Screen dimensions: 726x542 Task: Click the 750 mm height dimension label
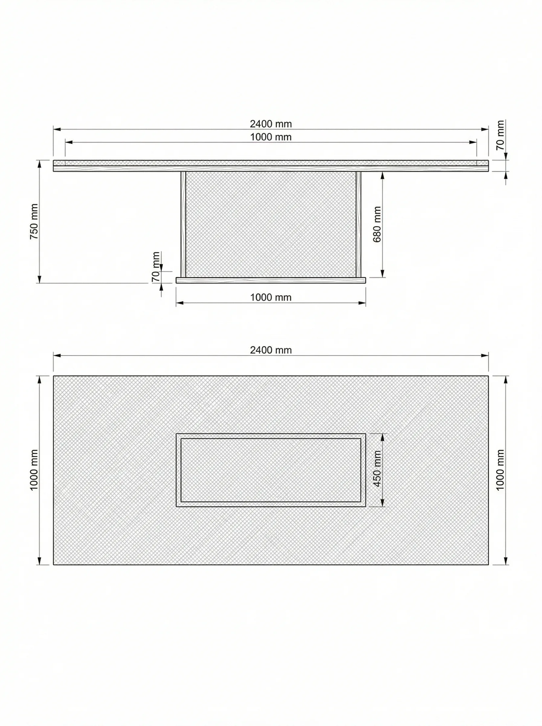[34, 221]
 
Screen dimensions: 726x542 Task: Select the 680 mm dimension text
[377, 224]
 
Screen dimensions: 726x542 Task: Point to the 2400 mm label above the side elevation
[271, 124]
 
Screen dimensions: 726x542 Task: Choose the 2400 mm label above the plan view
[271, 350]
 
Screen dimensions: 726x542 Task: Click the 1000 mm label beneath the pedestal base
[271, 298]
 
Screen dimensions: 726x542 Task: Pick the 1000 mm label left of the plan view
[34, 470]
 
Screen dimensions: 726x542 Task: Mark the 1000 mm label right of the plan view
[500, 470]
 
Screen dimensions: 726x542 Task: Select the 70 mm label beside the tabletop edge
[500, 135]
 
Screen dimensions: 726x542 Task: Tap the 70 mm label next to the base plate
[156, 267]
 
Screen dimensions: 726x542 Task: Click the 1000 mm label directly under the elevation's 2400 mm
[271, 137]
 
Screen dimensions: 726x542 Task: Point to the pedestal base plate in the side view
[271, 280]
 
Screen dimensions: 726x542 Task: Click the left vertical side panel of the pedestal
[183, 224]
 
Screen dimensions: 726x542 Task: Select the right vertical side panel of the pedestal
[358, 224]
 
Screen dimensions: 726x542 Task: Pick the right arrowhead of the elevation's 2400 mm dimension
[485, 129]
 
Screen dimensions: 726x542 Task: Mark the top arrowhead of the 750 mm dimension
[39, 164]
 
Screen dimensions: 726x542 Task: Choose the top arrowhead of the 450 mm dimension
[382, 437]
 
